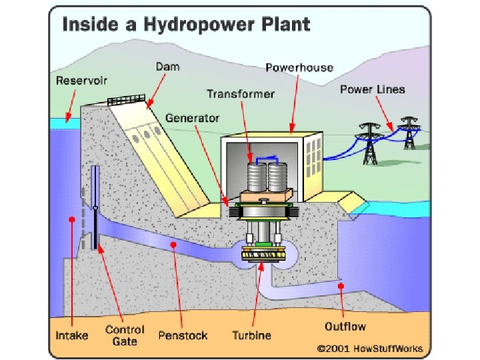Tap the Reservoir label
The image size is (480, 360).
(82, 81)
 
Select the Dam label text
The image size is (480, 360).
(167, 67)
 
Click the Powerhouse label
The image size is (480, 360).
(295, 67)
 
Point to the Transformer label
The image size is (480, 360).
(241, 94)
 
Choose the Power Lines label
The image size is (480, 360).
(372, 89)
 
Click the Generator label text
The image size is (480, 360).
(193, 118)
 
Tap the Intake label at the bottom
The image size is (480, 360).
(71, 335)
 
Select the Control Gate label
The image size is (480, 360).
(125, 335)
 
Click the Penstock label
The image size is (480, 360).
(183, 335)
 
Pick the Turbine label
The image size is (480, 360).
(251, 335)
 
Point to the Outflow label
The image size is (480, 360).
(346, 327)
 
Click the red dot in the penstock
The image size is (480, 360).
(173, 245)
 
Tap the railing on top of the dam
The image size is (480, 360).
(127, 101)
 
